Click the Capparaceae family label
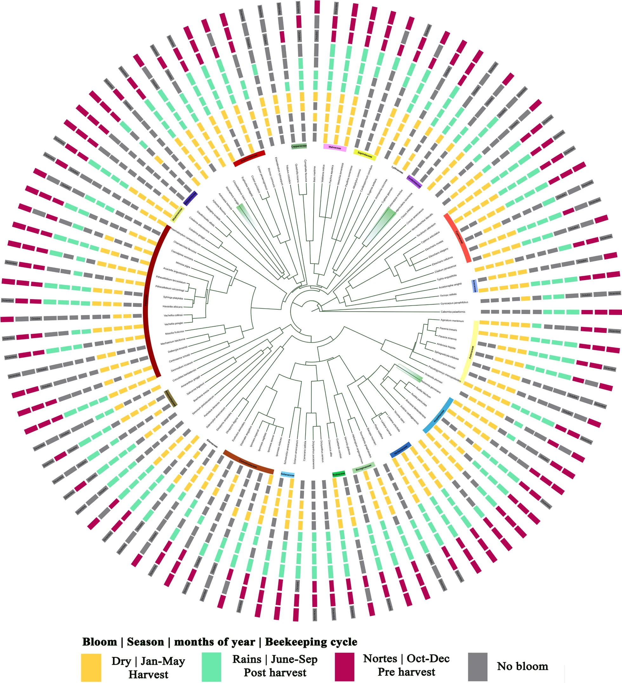299,146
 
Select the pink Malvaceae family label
334,148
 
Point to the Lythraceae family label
397,169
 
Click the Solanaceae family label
288,475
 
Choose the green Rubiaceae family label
339,474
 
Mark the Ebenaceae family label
212,443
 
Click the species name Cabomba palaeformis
453,312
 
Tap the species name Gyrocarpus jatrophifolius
454,303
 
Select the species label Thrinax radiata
448,295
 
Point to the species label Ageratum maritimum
452,320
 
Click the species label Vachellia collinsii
173,315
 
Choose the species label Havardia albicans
173,307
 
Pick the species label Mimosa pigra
183,264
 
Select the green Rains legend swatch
211,667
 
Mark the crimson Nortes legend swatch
344,667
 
